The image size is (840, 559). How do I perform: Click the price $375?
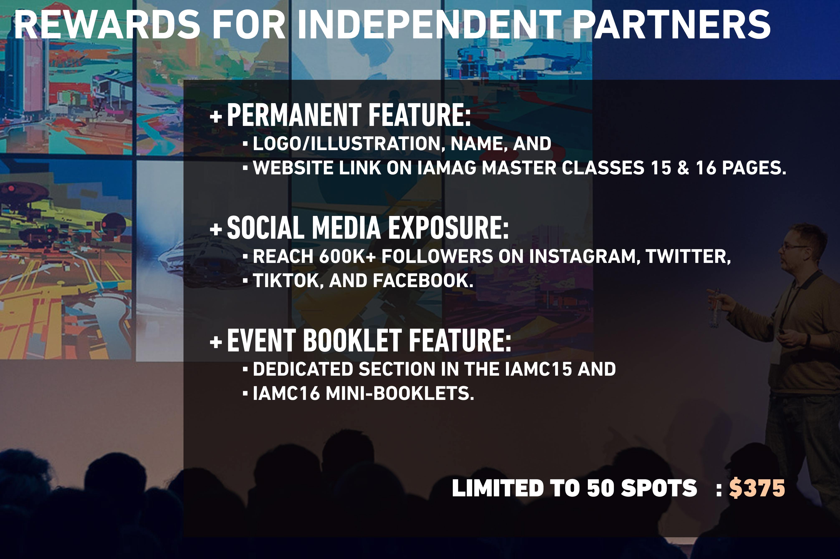[757, 488]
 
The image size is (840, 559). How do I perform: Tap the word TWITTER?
[688, 256]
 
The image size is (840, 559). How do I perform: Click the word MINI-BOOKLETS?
[400, 394]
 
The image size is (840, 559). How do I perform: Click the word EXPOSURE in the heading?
[448, 228]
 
